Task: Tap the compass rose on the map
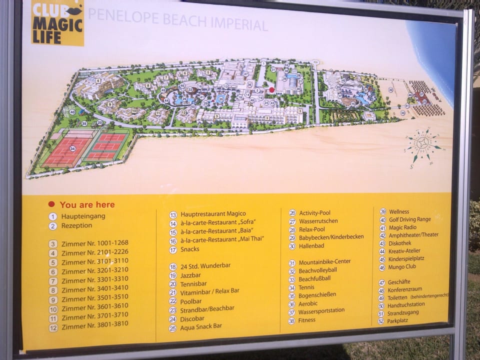click(422, 144)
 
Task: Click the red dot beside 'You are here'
click(51, 204)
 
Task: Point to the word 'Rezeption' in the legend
click(77, 225)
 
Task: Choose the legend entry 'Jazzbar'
click(190, 275)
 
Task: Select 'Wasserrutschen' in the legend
click(318, 221)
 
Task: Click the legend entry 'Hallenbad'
click(312, 246)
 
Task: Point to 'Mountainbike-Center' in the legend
click(324, 262)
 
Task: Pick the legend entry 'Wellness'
click(398, 211)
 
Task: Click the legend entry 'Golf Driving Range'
click(409, 219)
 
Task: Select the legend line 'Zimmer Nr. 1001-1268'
click(94, 243)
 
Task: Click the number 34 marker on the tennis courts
click(73, 148)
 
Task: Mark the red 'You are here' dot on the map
click(271, 90)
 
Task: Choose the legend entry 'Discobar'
click(192, 318)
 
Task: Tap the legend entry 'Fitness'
click(307, 320)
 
